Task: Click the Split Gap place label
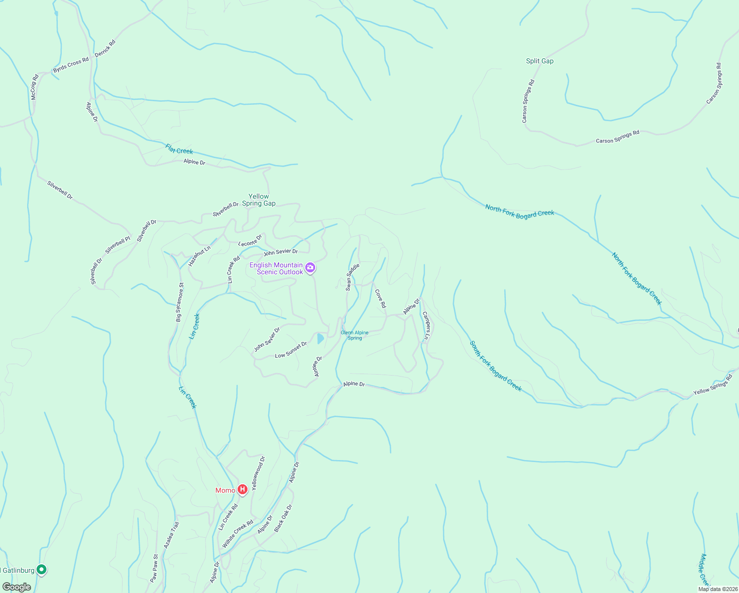click(x=539, y=61)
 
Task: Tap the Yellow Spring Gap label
click(x=259, y=200)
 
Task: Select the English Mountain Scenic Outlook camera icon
click(x=310, y=268)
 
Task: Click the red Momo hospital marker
click(x=243, y=490)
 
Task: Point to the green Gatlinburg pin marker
click(x=42, y=570)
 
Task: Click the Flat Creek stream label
click(x=179, y=149)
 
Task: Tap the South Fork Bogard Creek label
click(x=495, y=366)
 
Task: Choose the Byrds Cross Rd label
click(x=71, y=65)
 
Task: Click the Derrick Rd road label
click(x=105, y=48)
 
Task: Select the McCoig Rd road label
click(x=34, y=87)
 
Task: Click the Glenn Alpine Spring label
click(x=355, y=335)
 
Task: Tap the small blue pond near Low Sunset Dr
click(x=320, y=339)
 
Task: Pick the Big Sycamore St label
click(x=180, y=302)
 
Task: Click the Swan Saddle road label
click(x=352, y=277)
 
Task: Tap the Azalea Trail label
click(x=171, y=535)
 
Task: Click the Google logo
click(x=17, y=587)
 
